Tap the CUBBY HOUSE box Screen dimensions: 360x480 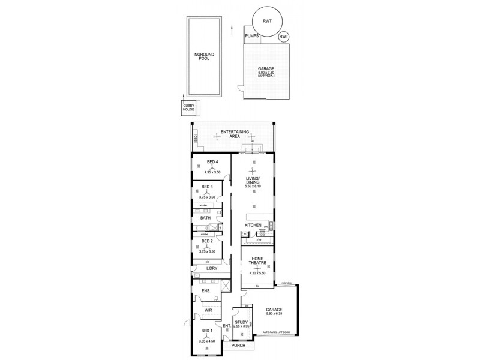coord(190,107)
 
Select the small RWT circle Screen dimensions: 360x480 coord(284,37)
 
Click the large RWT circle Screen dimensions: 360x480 coord(265,22)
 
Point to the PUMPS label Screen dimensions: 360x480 coord(252,37)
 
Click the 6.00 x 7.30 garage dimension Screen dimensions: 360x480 coord(265,73)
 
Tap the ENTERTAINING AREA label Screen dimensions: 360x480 coord(234,134)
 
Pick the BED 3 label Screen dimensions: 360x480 coord(208,187)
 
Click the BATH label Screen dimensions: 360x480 coord(205,218)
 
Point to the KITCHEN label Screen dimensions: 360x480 coord(253,226)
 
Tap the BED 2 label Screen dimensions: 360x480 coord(208,241)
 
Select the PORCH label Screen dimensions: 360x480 coord(239,346)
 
